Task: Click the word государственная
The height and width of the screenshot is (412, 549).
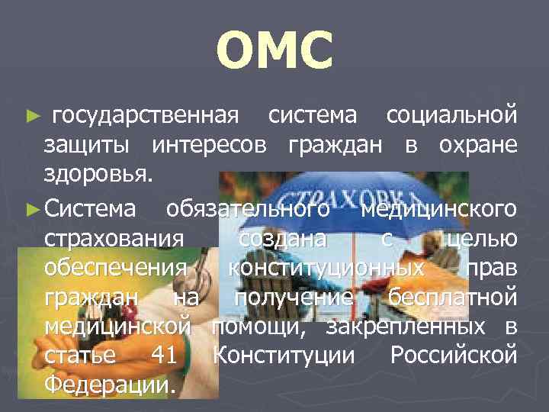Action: (146, 116)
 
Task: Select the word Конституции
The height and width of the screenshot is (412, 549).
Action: (284, 356)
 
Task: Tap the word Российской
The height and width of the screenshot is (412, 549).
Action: (454, 356)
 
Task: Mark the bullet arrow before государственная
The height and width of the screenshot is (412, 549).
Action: (32, 117)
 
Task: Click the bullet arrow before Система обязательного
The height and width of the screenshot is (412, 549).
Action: (32, 208)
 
